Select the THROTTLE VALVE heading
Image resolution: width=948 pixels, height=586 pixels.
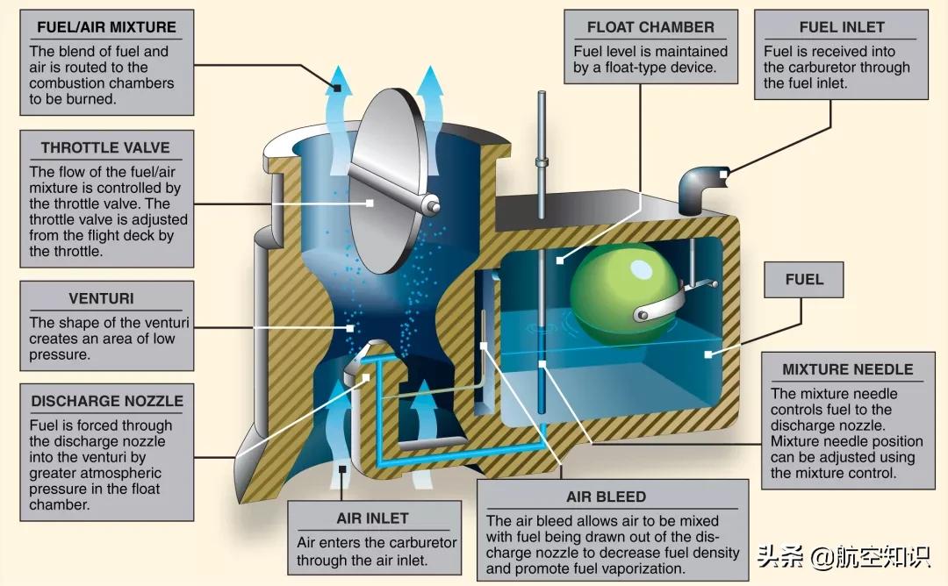click(x=105, y=147)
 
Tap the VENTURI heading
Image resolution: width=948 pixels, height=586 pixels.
click(x=101, y=299)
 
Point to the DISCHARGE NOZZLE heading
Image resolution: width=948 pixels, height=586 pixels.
click(x=107, y=402)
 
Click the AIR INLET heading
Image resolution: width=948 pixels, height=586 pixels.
click(x=372, y=518)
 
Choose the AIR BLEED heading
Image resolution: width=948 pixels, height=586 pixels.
click(x=606, y=497)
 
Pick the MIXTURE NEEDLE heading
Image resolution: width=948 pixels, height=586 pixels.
click(x=847, y=369)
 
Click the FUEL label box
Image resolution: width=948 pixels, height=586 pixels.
click(x=804, y=280)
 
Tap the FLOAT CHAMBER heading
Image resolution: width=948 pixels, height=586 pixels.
click(x=650, y=27)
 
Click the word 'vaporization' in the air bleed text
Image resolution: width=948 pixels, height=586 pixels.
click(x=643, y=568)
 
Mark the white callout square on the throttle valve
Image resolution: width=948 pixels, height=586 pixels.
click(x=370, y=204)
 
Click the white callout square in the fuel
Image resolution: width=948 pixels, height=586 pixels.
click(x=708, y=354)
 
